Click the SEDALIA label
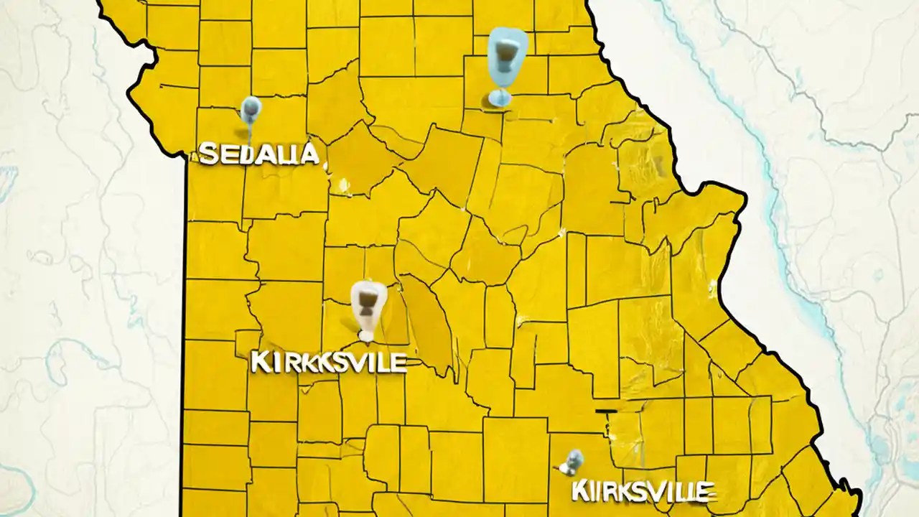coord(258,153)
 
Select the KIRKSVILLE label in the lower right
coord(643,492)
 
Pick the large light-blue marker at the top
coord(507,56)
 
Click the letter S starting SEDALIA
coord(207,153)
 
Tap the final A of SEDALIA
coord(309,153)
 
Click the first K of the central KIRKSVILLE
coord(260,362)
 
